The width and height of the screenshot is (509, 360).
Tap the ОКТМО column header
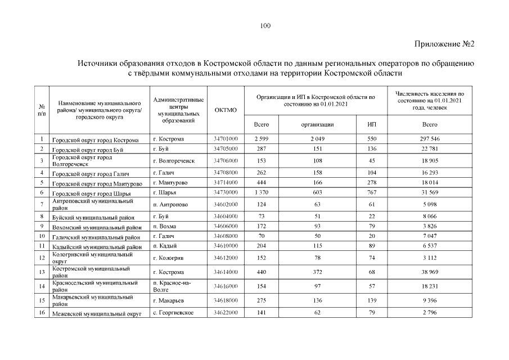[x=226, y=110]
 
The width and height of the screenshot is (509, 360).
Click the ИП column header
[x=372, y=124]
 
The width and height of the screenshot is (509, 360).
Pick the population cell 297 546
[x=429, y=138]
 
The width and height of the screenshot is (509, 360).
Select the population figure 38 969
[x=429, y=272]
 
